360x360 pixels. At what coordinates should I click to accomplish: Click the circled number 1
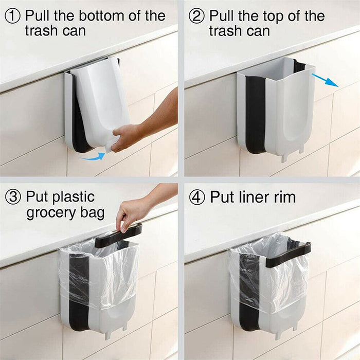click(x=13, y=15)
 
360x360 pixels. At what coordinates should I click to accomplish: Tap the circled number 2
click(x=197, y=15)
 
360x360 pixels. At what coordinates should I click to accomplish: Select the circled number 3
click(x=13, y=196)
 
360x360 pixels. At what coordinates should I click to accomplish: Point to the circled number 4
click(x=197, y=196)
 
